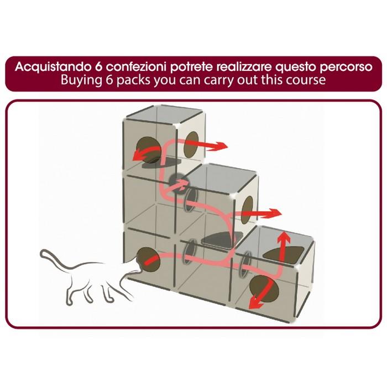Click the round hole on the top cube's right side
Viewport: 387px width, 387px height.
(191, 145)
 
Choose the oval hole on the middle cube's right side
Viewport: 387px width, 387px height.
(248, 210)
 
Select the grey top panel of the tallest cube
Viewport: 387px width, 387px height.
(165, 113)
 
